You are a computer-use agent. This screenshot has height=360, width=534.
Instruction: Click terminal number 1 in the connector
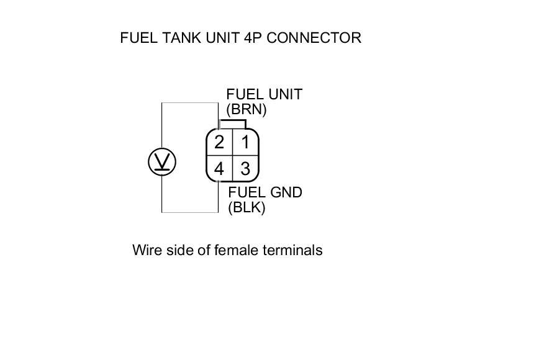coord(245,142)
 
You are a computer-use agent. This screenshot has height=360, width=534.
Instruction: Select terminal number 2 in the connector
coord(219,142)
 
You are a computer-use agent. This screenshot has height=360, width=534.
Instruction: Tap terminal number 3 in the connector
coord(245,168)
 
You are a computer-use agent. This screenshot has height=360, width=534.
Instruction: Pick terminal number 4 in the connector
coord(219,168)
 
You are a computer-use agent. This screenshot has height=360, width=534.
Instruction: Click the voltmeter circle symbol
coord(162,162)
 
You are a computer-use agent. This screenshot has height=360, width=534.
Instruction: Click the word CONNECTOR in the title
coord(313,38)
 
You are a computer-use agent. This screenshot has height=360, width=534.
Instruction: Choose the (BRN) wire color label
coord(246,110)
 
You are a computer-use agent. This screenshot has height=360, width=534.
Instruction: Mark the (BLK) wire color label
coord(247,208)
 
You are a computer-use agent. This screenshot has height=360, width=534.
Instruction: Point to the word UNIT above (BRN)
coord(284,94)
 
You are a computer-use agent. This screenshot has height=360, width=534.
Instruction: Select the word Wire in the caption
coord(146,250)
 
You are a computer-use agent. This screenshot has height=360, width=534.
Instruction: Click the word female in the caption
coord(237,250)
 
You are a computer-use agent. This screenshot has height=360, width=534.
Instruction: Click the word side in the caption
coord(178,250)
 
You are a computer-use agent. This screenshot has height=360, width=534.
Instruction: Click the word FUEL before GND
coord(245,192)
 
